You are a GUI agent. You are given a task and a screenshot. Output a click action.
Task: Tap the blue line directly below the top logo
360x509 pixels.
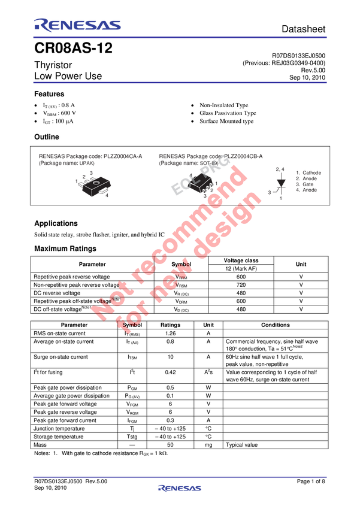click(x=180, y=37)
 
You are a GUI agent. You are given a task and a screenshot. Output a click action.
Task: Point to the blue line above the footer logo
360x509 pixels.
click(x=180, y=477)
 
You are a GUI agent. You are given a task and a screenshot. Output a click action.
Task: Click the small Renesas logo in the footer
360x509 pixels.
click(x=180, y=488)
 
